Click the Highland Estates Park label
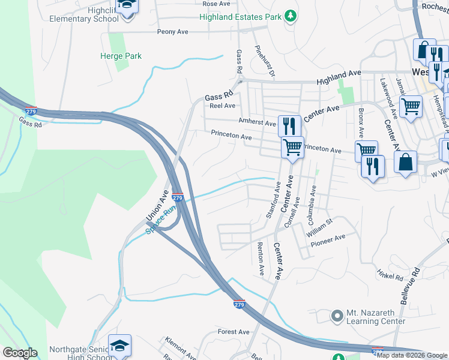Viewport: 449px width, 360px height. point(242,17)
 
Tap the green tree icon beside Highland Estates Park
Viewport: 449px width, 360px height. point(291,16)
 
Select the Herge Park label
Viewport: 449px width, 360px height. point(121,56)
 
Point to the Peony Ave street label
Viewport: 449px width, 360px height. point(173,31)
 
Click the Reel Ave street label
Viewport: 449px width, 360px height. point(222,106)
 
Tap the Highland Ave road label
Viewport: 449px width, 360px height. point(339,75)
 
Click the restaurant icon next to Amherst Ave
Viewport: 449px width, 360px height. point(289,125)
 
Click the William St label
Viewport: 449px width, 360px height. point(318,226)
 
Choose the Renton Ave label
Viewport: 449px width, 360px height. point(261,259)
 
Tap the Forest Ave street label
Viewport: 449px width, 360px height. point(234,332)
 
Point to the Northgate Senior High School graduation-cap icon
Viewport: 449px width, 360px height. point(119,344)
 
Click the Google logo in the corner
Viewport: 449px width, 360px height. point(20,353)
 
